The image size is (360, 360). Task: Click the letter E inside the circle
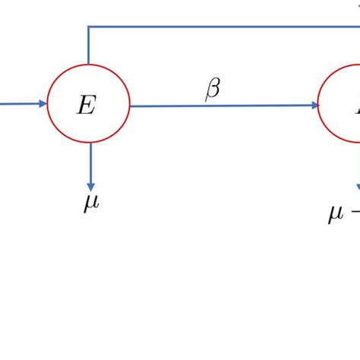[86, 106]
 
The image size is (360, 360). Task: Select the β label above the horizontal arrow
[213, 90]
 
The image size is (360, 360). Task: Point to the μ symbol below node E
[90, 203]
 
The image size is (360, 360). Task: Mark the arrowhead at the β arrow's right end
[314, 106]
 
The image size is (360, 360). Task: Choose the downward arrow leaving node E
[90, 163]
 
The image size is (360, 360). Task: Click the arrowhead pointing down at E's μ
[90, 185]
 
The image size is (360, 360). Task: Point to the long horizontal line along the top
[228, 27]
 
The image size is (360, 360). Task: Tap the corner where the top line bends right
[89, 27]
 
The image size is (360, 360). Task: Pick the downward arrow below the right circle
[358, 167]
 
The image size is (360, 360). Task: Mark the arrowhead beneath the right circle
[358, 190]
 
